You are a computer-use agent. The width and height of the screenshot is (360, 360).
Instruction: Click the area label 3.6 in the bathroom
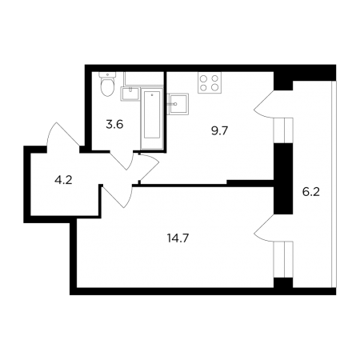coord(114,125)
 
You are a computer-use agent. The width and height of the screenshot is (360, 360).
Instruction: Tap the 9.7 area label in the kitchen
coord(220,131)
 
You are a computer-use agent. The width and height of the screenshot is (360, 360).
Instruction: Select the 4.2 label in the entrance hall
coord(63,181)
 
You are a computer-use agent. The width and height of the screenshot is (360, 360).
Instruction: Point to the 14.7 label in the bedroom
coord(178,238)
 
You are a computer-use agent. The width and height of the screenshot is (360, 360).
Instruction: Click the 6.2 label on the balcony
coord(311,192)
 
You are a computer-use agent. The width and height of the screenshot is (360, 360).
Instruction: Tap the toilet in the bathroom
coord(107,84)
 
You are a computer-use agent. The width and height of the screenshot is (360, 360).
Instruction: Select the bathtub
coord(152,118)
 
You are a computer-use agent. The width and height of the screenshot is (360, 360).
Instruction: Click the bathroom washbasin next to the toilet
coord(130,94)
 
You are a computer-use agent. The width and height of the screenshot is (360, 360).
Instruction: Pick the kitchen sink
coord(178,104)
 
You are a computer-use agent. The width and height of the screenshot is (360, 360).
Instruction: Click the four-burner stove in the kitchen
coord(208,82)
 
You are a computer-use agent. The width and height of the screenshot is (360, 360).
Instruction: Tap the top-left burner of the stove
coord(203,78)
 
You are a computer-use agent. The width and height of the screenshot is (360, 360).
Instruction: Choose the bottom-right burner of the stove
coord(214,87)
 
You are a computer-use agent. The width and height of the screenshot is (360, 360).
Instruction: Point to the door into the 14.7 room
coord(118,196)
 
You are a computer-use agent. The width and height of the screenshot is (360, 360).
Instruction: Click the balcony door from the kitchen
coord(264,104)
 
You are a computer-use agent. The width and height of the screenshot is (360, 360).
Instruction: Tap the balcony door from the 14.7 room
coord(264,227)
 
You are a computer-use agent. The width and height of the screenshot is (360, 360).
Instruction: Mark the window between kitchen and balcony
coord(284,130)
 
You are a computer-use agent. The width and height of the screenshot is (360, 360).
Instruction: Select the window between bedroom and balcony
coord(284,259)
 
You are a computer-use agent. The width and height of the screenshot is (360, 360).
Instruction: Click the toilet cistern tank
coord(107,74)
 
